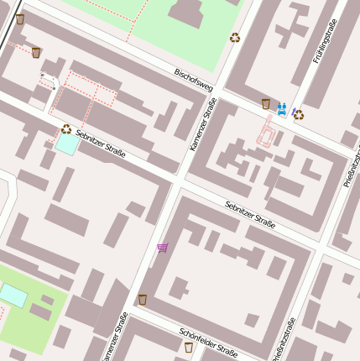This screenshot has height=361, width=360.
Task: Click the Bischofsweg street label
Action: coord(194,81)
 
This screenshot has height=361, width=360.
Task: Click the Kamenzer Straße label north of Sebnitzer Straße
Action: coord(203,124)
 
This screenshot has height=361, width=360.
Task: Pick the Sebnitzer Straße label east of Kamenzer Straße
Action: coord(250,213)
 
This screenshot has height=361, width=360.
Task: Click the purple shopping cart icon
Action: coord(163,248)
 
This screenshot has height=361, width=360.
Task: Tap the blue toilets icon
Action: coord(281,107)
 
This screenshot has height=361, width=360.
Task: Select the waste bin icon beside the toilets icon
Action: coord(266,104)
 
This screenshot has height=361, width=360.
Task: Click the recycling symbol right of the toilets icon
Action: coord(298,114)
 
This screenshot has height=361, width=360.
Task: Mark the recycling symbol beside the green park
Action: coord(235,37)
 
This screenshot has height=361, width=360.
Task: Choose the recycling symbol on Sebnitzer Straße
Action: coord(65,128)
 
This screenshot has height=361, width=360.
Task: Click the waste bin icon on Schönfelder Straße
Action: coord(189,346)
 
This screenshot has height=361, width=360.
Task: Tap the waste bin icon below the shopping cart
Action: coord(143,299)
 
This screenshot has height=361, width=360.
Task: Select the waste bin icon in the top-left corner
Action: coord(20,18)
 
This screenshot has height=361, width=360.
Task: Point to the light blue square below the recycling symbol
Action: coord(66,144)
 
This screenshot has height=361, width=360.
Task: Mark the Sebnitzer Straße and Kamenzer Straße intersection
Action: coord(177,181)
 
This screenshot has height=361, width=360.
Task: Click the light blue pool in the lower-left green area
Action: coord(13,295)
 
